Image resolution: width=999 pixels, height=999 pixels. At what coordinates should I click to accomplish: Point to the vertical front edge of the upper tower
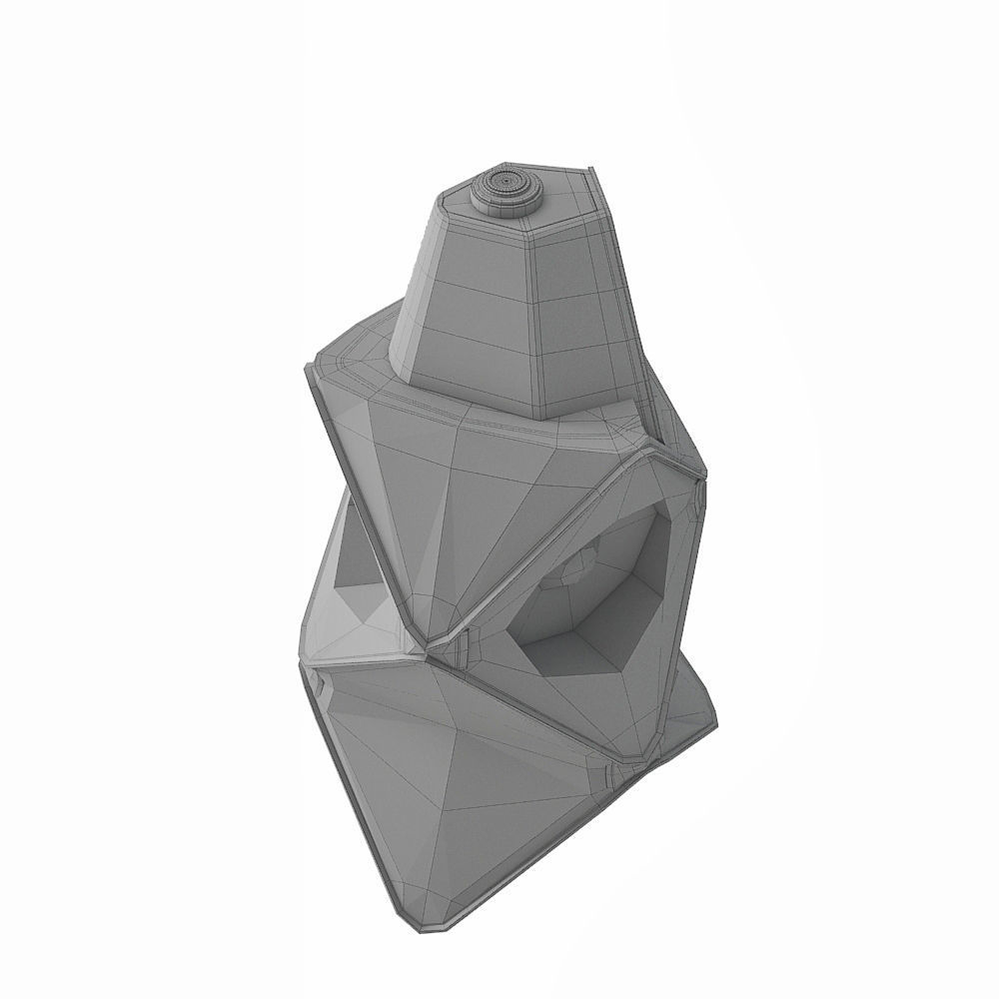[x=540, y=320]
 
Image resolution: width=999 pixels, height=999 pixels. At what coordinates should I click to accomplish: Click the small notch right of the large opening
[x=699, y=490]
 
